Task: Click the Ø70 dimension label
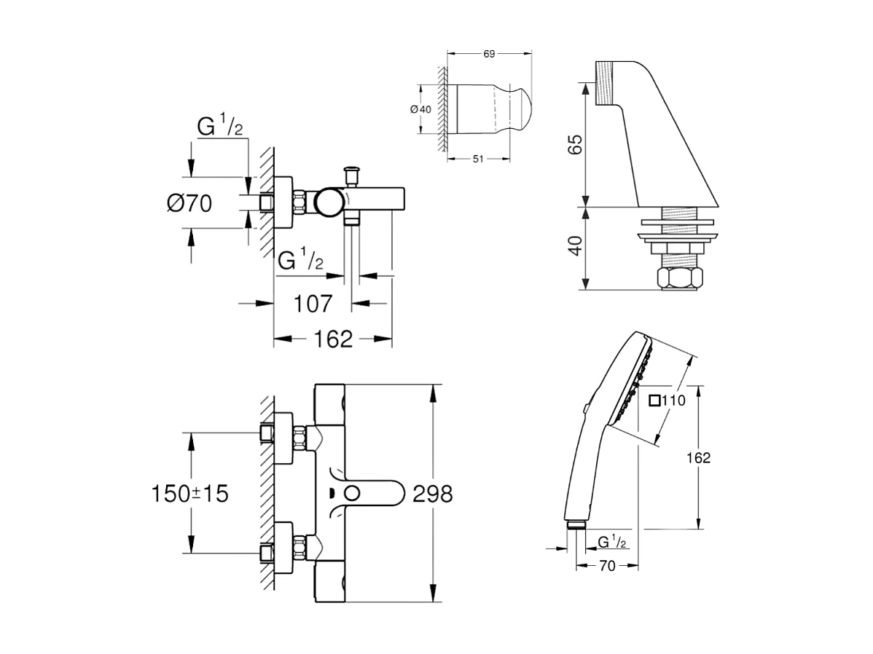pyautogui.click(x=189, y=203)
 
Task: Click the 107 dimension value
pyautogui.click(x=313, y=304)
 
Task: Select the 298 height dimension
pyautogui.click(x=433, y=494)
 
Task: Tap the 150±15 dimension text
pyautogui.click(x=189, y=494)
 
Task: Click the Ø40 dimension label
pyautogui.click(x=421, y=109)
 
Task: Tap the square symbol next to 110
pyautogui.click(x=655, y=399)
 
